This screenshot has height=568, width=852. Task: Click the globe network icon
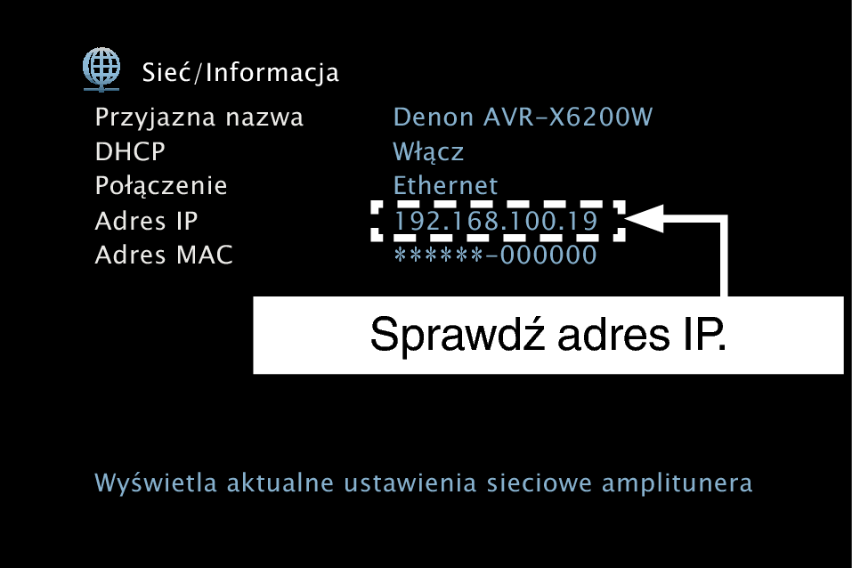tap(101, 69)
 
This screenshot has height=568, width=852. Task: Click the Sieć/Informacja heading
tap(240, 73)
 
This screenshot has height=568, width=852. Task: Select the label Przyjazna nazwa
tap(199, 118)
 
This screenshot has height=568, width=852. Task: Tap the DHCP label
tap(130, 151)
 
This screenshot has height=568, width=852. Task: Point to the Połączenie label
tap(161, 186)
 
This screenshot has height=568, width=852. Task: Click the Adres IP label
tap(146, 221)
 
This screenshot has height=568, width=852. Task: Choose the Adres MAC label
tap(164, 255)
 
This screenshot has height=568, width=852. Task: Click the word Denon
tap(433, 118)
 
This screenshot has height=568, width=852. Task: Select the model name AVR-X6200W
tap(568, 118)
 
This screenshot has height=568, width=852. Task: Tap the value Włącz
tap(428, 152)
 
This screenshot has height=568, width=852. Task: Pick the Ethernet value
tap(445, 186)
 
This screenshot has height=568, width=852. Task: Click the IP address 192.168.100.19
tap(496, 221)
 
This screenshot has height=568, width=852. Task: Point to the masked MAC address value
tap(495, 255)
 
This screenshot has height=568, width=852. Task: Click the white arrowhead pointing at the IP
tap(645, 218)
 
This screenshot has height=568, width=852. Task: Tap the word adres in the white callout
tap(613, 335)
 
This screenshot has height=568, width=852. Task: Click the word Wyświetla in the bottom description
tap(156, 483)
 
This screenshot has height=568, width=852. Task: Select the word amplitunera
tap(677, 483)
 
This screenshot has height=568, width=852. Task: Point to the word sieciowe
tap(539, 483)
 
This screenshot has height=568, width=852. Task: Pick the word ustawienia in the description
tap(410, 483)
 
